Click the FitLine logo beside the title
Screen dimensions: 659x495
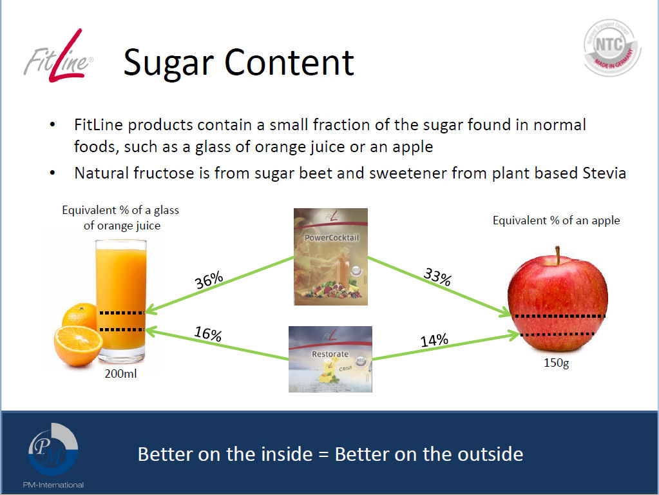click(58, 56)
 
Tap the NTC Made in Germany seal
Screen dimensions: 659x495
click(612, 48)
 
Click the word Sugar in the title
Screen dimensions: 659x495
click(169, 63)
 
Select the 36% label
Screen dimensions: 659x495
click(209, 280)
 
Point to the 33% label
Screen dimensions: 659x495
click(437, 277)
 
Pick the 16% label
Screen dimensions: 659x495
click(208, 333)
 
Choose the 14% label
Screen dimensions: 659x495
click(435, 340)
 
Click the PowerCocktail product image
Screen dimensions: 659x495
click(330, 257)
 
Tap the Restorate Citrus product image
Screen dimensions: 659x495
click(330, 359)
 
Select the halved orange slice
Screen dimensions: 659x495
click(78, 345)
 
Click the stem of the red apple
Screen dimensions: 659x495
click(558, 255)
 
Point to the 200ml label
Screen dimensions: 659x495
click(120, 373)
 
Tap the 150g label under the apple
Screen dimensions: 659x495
click(556, 362)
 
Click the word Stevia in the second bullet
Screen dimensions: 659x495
click(604, 173)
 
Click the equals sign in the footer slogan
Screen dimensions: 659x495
click(323, 454)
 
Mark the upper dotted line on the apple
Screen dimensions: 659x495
click(560, 316)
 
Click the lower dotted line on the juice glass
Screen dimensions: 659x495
click(122, 329)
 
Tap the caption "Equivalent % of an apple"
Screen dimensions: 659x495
click(556, 220)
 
